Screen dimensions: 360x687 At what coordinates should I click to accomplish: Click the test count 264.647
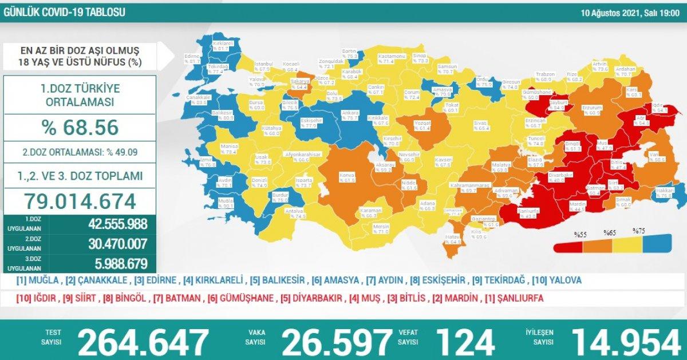143,342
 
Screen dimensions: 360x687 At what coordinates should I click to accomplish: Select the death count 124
464,342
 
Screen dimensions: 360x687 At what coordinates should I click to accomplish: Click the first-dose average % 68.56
80,127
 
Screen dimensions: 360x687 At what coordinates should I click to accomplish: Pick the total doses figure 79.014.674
80,201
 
